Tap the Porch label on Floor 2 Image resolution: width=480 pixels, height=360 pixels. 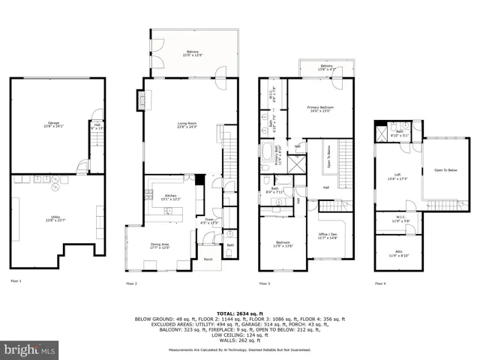(208, 259)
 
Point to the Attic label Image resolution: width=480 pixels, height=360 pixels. (397, 254)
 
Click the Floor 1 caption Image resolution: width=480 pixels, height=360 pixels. (16, 282)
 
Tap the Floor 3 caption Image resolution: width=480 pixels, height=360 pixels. (265, 283)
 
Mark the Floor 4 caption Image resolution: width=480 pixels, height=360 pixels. (380, 283)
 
